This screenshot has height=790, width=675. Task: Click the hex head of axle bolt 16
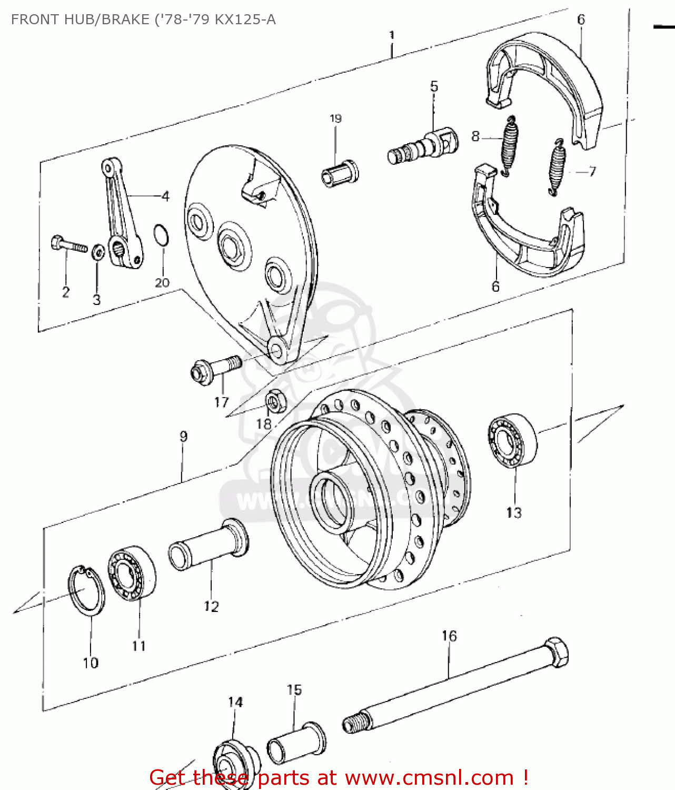[556, 653]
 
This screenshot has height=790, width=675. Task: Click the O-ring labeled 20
[162, 235]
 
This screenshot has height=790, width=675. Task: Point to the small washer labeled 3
[97, 252]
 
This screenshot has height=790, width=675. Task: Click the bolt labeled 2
[68, 244]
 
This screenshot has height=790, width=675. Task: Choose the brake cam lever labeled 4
[122, 211]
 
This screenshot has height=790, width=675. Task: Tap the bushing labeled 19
[340, 173]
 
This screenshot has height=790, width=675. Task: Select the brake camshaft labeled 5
[424, 146]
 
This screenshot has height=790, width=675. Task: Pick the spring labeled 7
[557, 168]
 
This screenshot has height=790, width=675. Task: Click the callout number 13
[513, 512]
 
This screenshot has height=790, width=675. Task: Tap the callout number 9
[183, 437]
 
